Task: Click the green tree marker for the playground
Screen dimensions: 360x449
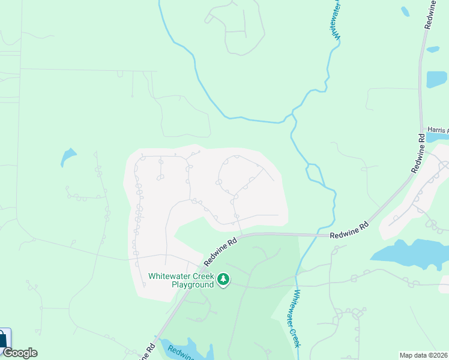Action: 223,280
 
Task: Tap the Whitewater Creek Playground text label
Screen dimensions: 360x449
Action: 181,280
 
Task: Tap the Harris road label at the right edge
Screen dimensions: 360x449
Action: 438,130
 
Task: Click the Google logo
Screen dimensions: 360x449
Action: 20,353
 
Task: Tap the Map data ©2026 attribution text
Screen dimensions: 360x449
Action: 423,355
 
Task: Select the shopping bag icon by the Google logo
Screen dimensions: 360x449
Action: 4,339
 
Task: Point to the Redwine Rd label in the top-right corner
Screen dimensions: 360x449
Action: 431,15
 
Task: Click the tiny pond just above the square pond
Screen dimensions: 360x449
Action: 433,49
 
